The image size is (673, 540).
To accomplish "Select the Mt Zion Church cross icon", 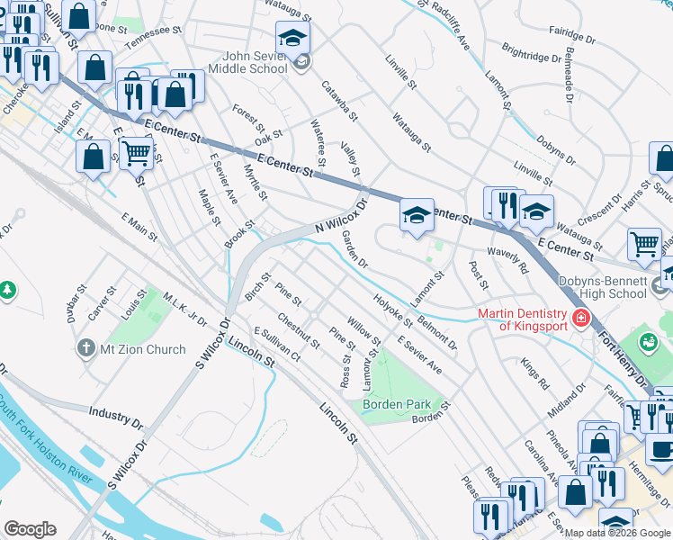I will (86, 348).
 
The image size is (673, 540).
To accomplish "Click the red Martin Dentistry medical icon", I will (580, 318).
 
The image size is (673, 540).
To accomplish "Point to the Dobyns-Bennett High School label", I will (602, 287).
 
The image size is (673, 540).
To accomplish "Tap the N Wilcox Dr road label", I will (342, 216).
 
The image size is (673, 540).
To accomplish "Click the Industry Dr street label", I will (115, 416).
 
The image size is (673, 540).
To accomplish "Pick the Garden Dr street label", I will (354, 249).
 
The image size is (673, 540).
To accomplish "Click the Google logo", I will (30, 529).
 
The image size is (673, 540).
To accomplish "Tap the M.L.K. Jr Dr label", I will (185, 310).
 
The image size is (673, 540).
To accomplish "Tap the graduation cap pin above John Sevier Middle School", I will (292, 38).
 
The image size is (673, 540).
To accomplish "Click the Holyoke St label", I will (392, 312).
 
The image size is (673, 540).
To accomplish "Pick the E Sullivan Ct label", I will (276, 346).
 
